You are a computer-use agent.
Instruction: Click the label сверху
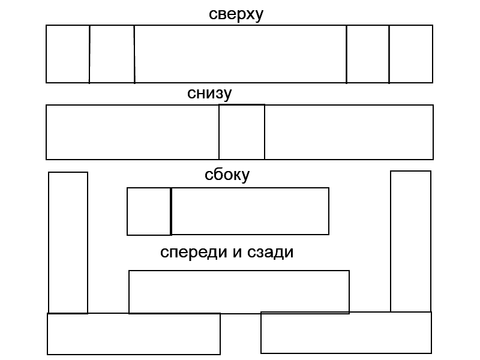[x=236, y=14]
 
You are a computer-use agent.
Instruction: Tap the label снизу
[x=209, y=94]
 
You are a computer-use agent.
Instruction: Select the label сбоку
[x=227, y=175]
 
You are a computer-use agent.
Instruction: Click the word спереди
[x=190, y=252]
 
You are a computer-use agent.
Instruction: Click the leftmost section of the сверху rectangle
[x=68, y=54]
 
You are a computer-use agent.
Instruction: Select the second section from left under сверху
[x=112, y=54]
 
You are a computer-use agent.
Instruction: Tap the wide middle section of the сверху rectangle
[x=240, y=54]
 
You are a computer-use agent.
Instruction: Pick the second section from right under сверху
[x=368, y=54]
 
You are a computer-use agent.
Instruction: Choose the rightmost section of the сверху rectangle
[x=411, y=54]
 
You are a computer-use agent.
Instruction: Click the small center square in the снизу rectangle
[x=242, y=132]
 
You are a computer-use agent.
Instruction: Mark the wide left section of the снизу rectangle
[x=133, y=132]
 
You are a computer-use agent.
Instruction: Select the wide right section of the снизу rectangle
[x=349, y=132]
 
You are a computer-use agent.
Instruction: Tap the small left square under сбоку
[x=149, y=211]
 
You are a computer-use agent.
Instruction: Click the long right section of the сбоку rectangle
[x=250, y=211]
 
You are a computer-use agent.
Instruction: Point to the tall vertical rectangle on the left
[x=68, y=242]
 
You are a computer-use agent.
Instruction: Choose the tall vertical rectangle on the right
[x=411, y=242]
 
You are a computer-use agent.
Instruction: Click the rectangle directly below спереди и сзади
[x=239, y=292]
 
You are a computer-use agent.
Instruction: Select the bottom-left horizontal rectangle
[x=134, y=334]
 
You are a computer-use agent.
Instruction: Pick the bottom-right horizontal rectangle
[x=346, y=332]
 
